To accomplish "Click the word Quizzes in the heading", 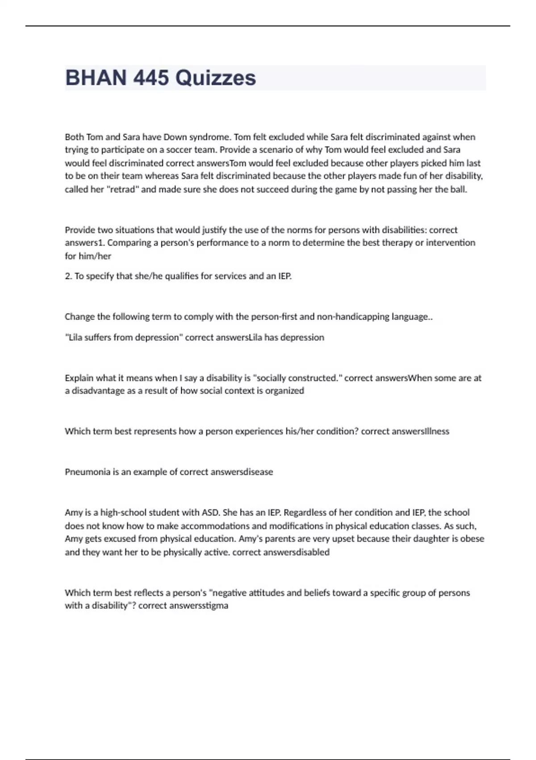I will [215, 78].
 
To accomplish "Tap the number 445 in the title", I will [151, 78].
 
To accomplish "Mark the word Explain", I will [79, 378].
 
